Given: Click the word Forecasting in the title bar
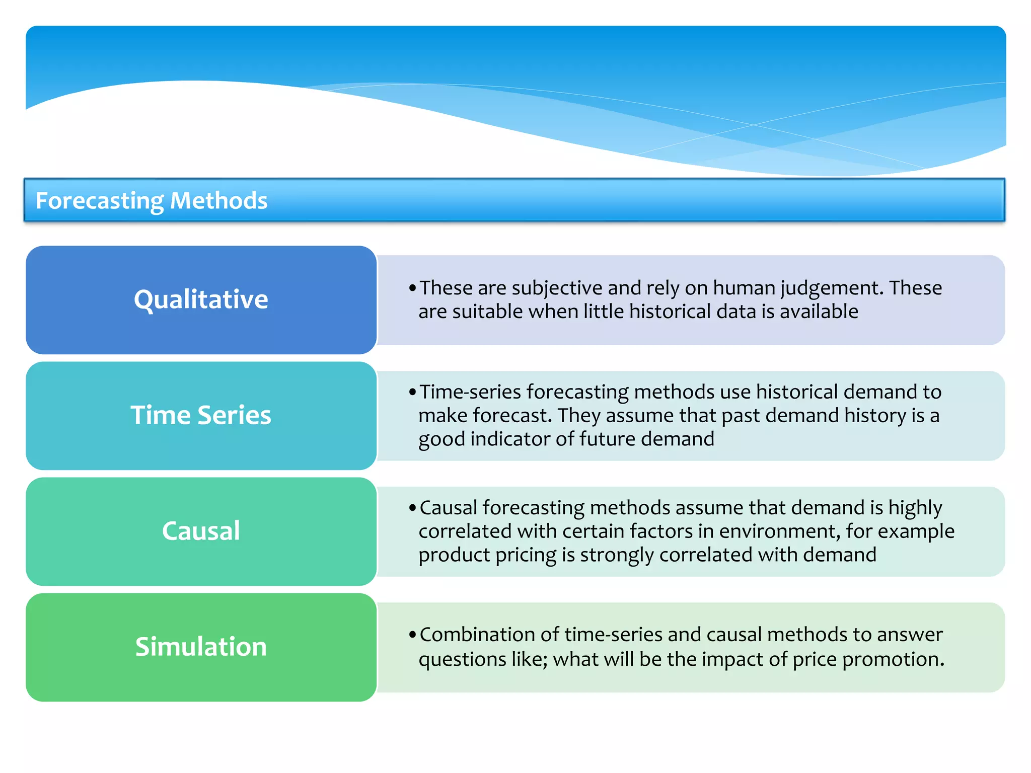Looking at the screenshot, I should [99, 201].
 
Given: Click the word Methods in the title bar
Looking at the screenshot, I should [218, 200].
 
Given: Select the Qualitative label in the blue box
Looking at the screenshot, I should [201, 299].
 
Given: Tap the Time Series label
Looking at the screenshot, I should [201, 415].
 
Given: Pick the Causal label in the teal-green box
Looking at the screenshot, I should [201, 531].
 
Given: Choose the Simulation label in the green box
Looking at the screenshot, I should [201, 647].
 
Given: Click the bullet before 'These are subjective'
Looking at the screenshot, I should [412, 288].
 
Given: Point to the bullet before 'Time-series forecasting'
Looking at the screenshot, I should [412, 392].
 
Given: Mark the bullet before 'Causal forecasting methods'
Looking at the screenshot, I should [412, 508].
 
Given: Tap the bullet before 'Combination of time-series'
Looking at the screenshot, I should [412, 635].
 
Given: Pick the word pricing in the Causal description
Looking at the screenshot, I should [526, 555].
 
